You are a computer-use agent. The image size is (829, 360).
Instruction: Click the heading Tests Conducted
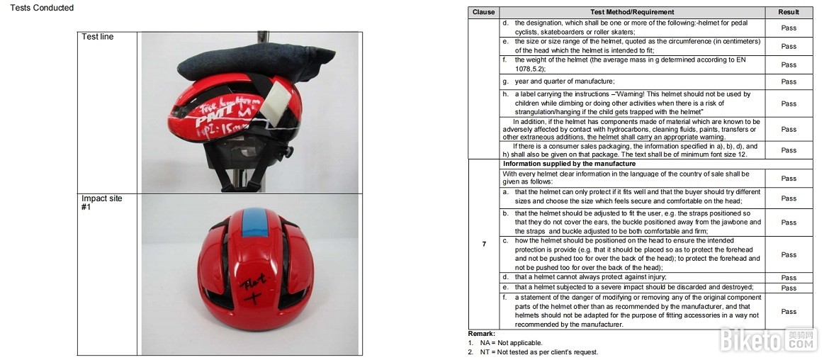click(42, 8)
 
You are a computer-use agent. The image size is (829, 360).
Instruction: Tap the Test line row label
click(97, 37)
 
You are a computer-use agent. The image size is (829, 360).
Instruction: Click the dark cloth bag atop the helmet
click(256, 62)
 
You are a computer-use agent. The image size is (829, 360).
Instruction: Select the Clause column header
click(484, 12)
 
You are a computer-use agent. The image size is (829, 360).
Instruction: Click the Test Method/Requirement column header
click(632, 12)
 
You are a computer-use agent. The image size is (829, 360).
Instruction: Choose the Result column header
click(789, 12)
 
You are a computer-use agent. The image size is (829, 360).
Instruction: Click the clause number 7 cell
click(484, 244)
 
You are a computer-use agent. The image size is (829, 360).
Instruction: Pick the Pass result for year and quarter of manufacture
click(789, 82)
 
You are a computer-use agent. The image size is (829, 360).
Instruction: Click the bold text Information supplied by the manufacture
click(570, 164)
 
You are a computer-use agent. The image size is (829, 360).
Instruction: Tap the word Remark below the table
click(482, 334)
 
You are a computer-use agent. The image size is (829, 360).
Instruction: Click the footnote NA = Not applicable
click(505, 343)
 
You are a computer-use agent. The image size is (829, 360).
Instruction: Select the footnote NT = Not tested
click(533, 352)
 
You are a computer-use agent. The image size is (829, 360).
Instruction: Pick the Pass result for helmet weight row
click(789, 65)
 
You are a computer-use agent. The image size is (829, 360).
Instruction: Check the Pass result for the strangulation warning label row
click(789, 103)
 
